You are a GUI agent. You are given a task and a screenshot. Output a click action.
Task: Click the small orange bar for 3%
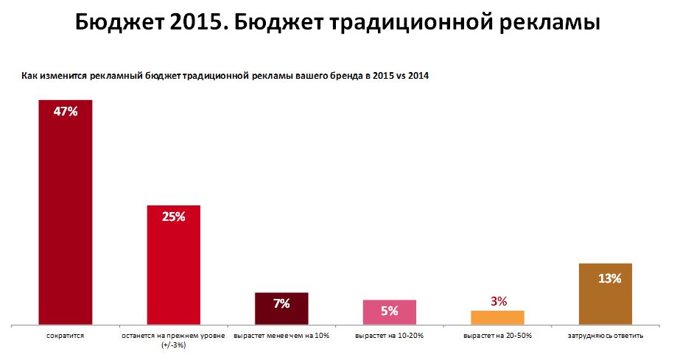(x=497, y=317)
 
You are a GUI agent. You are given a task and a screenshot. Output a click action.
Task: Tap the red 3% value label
(x=498, y=300)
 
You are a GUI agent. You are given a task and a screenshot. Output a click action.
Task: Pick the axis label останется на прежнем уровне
(x=173, y=336)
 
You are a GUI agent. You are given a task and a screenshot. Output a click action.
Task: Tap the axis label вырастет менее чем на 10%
(x=281, y=336)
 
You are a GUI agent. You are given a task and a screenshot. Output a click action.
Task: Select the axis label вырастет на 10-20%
(x=390, y=336)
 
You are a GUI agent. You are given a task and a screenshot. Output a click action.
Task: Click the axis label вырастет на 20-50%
(x=497, y=336)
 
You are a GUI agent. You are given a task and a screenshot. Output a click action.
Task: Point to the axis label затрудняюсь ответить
(x=606, y=336)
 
